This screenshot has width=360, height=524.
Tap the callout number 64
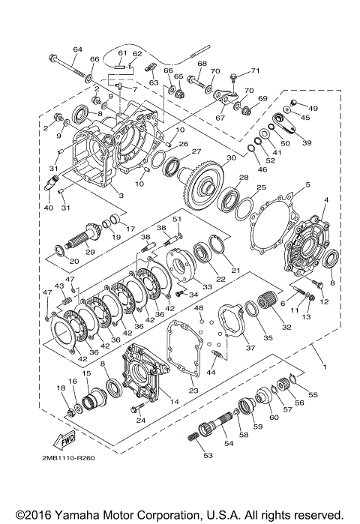pos(76,49)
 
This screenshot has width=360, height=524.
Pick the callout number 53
pos(206,454)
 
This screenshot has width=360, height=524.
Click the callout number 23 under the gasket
pos(193,390)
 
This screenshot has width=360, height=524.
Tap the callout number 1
pos(324,367)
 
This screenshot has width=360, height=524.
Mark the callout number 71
pos(255,71)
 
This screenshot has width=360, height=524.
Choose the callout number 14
pos(175,402)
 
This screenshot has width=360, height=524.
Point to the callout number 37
pos(249,347)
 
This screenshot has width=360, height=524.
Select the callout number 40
pos(49,208)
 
